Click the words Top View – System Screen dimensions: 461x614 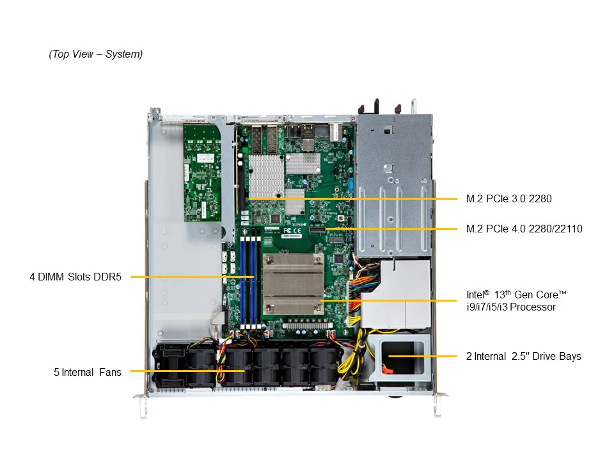96,54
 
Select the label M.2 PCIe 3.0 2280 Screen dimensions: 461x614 508,198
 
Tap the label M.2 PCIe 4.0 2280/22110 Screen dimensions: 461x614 524,229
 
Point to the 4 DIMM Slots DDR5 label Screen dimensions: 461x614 75,277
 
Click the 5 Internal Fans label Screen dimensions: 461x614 88,372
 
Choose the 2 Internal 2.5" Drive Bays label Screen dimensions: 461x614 523,356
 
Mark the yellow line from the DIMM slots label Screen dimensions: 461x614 192,277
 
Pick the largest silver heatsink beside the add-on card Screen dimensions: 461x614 266,175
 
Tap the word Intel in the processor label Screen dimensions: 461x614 475,295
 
